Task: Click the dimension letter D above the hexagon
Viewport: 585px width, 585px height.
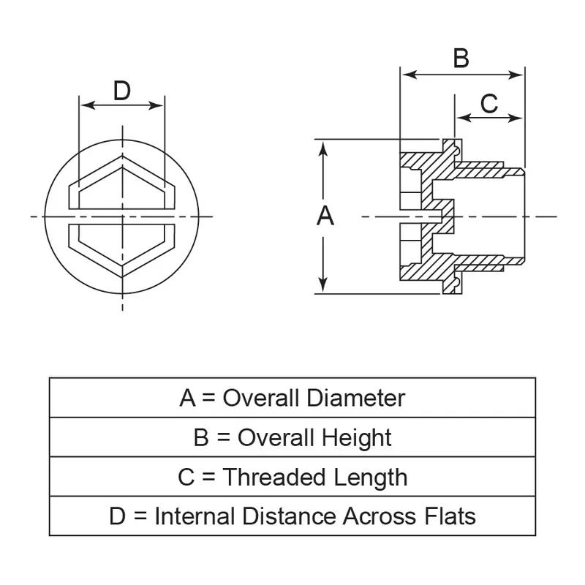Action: (122, 91)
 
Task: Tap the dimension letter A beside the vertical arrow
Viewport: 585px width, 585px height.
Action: (325, 216)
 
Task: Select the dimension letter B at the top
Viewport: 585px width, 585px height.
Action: (461, 58)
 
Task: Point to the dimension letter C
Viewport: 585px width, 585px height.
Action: (488, 104)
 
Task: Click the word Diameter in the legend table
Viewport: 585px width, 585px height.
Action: (356, 398)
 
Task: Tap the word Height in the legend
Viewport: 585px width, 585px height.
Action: (357, 437)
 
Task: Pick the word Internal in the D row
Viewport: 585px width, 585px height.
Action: (195, 516)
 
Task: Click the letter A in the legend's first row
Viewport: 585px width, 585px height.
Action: (188, 398)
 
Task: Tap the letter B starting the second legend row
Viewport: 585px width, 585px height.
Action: (201, 437)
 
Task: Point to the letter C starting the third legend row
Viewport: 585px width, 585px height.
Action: (186, 477)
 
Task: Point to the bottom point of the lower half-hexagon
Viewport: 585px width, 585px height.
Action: (122, 276)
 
